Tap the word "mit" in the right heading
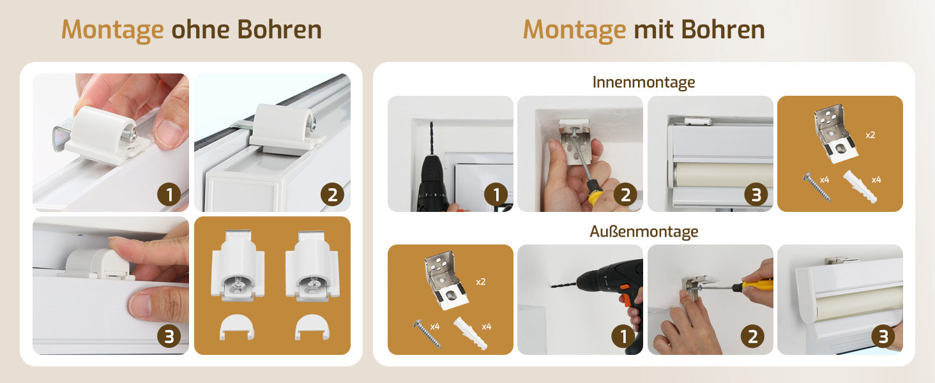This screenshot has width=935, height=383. tap(653, 29)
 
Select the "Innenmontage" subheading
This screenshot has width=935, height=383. tap(644, 82)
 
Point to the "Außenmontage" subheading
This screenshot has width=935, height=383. tap(644, 231)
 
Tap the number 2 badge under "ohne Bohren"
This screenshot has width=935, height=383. tap(332, 195)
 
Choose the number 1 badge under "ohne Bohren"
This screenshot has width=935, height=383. tap(169, 195)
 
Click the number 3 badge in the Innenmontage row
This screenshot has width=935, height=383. tap(756, 195)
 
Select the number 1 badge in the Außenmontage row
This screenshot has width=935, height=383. tap(623, 336)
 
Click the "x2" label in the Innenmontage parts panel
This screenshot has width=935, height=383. tap(870, 135)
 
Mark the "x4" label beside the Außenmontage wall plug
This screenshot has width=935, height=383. tap(486, 327)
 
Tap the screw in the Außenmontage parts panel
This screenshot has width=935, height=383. tap(427, 334)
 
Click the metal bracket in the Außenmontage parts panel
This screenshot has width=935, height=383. tap(445, 280)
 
